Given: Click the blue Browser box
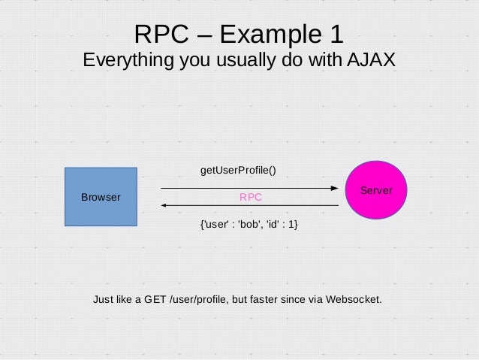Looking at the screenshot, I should [x=101, y=197].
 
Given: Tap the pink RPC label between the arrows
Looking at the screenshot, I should [x=251, y=197].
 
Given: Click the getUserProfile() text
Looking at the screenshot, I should [x=238, y=170].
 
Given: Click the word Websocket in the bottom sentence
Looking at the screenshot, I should [x=351, y=299].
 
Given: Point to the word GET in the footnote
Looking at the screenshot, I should [x=155, y=299].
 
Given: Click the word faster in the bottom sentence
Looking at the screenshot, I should [x=276, y=299].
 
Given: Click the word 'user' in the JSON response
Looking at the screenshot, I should [x=215, y=224].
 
